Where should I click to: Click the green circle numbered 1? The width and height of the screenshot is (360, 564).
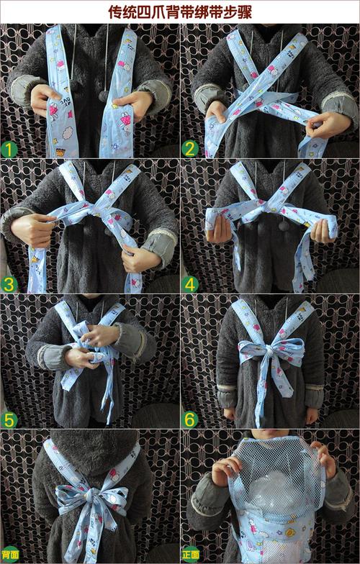[x=9, y=150]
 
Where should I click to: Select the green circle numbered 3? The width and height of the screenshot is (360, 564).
[x=9, y=285]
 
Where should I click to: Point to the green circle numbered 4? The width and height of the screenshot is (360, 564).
[x=190, y=285]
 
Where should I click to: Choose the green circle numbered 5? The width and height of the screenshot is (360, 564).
[x=9, y=420]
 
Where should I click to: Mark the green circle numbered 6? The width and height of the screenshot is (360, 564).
[x=190, y=420]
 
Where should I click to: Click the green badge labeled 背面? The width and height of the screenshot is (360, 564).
[x=9, y=554]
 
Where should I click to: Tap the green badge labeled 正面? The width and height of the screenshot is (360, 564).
[x=190, y=554]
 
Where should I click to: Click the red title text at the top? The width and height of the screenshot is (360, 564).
[x=180, y=12]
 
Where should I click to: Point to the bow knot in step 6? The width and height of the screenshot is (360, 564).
[x=269, y=351]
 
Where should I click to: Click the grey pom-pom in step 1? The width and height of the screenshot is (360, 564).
[x=104, y=96]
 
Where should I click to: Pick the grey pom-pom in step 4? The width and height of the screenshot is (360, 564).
[x=284, y=226]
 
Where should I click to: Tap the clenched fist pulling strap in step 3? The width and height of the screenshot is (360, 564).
[x=32, y=229]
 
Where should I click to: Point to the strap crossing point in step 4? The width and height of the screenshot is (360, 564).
[x=268, y=207]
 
